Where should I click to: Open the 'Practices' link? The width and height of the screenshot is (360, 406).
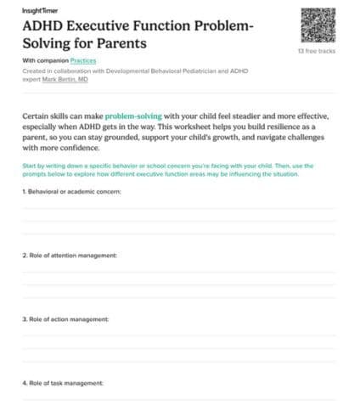coord(82,61)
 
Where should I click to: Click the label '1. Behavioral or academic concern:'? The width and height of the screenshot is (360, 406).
coord(71,192)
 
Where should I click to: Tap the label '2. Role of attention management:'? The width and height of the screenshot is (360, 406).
coord(69,255)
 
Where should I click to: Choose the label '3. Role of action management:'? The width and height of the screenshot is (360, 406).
coord(66,319)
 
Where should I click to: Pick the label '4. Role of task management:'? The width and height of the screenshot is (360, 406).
coord(63,382)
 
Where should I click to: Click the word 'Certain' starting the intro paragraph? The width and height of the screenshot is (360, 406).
coord(39,112)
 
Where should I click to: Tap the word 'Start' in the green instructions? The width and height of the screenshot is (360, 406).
coord(29,165)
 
